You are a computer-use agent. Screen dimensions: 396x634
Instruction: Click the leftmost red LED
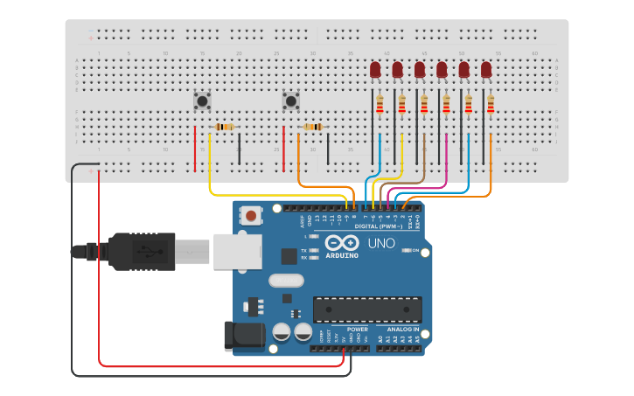click(x=375, y=70)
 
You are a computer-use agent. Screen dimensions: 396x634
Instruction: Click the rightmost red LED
click(x=486, y=70)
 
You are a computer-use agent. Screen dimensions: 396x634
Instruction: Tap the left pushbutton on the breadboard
click(x=202, y=101)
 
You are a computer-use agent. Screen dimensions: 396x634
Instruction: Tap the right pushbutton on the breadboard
click(x=290, y=101)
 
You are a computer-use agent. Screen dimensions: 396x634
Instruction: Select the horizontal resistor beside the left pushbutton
click(x=225, y=127)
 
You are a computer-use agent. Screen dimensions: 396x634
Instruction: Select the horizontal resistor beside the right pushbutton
click(x=313, y=127)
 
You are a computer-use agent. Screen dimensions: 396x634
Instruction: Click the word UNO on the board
click(x=380, y=243)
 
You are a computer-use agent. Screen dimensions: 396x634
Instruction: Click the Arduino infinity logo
click(x=342, y=242)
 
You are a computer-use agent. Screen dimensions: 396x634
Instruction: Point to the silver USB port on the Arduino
click(x=236, y=250)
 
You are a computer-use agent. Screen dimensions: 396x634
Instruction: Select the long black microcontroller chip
click(x=367, y=309)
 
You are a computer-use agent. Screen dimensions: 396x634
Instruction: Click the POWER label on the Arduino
click(x=358, y=330)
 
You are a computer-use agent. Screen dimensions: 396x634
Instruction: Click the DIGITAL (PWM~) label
click(x=384, y=226)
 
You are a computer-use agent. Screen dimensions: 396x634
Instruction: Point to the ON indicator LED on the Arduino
click(x=407, y=251)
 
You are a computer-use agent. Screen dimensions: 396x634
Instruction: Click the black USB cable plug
click(x=140, y=251)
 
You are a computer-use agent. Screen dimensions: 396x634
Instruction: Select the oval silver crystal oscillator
click(x=286, y=281)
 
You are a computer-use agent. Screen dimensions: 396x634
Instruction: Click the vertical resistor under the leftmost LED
click(x=380, y=105)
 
